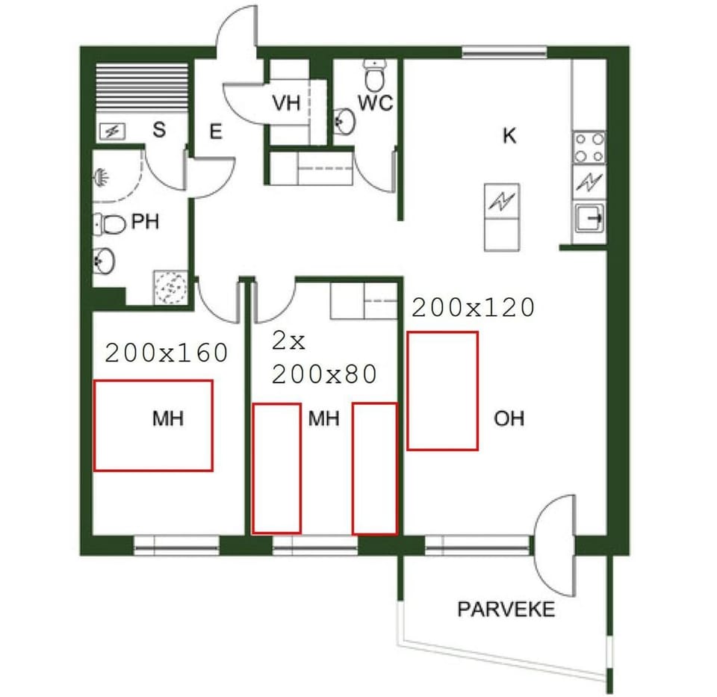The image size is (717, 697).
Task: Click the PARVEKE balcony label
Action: point(506,610)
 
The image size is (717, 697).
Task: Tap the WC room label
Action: point(375,103)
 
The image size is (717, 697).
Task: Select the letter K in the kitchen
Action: point(510,136)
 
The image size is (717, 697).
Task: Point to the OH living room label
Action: point(509,418)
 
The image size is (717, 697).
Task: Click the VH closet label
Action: point(286,103)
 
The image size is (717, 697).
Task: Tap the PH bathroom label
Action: point(145,222)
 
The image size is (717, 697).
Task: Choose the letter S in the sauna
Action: point(158,130)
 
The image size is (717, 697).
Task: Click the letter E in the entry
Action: point(216,133)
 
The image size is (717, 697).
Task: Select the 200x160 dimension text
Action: point(166,353)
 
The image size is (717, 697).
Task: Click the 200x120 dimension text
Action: point(474,307)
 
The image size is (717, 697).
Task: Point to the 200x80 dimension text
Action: point(324,374)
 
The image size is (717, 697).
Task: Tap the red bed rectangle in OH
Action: point(443,391)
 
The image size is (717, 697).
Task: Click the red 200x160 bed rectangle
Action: point(153,425)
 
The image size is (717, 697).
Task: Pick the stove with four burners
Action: point(589,147)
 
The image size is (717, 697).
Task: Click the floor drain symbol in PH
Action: point(172,287)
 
